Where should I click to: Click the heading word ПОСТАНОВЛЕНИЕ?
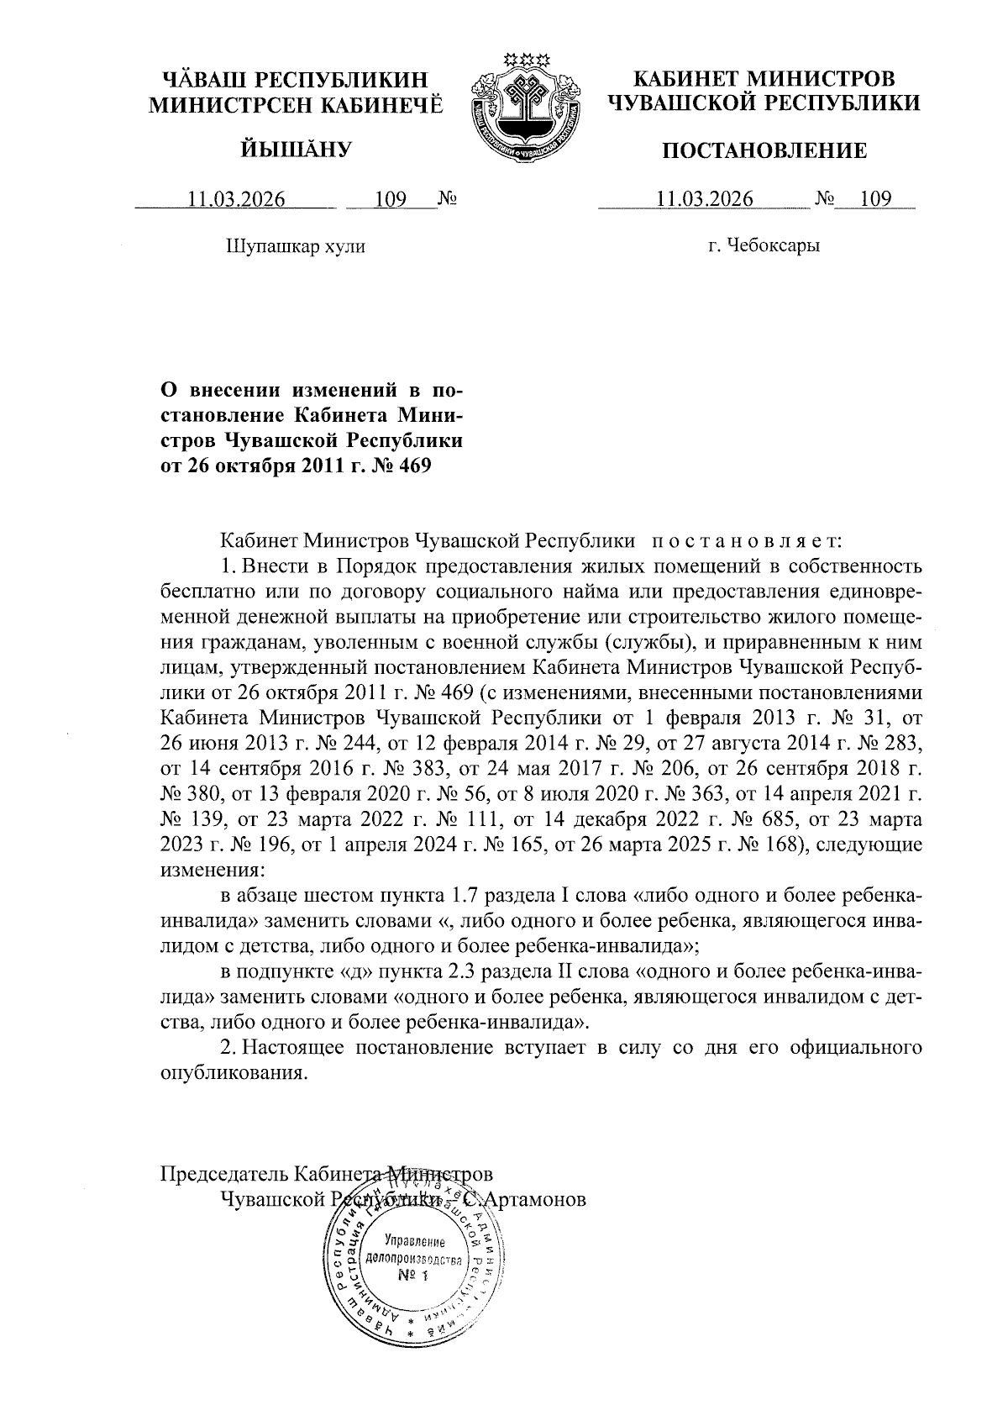click(x=764, y=151)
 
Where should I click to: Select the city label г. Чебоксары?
click(x=764, y=246)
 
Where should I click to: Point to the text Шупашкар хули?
click(x=295, y=246)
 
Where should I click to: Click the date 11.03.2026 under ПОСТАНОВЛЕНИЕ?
click(x=705, y=200)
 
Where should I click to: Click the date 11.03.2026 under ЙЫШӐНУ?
click(x=237, y=200)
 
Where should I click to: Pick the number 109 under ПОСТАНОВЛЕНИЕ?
click(x=875, y=200)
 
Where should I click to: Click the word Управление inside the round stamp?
click(x=414, y=1241)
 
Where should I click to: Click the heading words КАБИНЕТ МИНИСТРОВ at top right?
click(x=764, y=79)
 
